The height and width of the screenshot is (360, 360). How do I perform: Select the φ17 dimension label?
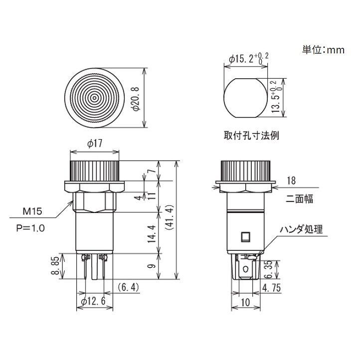point(94,144)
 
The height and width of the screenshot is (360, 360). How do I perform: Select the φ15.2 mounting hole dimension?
point(248,58)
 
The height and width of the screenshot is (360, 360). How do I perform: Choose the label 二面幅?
point(299,199)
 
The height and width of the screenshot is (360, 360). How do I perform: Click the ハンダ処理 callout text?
point(301,230)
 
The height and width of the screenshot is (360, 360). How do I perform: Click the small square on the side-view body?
point(245,236)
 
